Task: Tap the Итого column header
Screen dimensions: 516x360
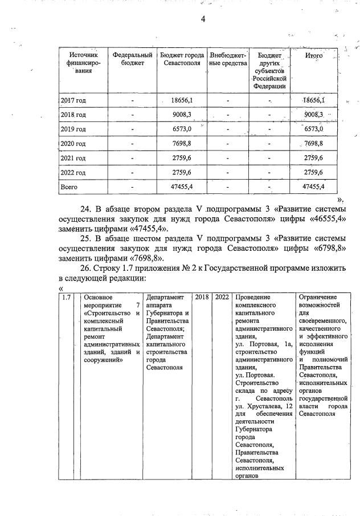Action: [x=314, y=55]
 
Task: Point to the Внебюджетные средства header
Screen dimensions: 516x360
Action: [x=227, y=59]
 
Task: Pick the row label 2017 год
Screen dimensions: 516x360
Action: [x=73, y=100]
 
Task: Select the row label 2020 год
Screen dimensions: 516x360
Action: [x=73, y=144]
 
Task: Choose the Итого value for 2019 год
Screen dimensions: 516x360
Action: [x=314, y=129]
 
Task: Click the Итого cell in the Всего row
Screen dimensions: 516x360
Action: [x=314, y=186]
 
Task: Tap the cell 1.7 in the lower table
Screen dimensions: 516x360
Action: [x=66, y=297]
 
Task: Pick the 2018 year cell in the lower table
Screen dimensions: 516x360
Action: [x=202, y=297]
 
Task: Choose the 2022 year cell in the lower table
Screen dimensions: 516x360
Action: [x=222, y=297]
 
